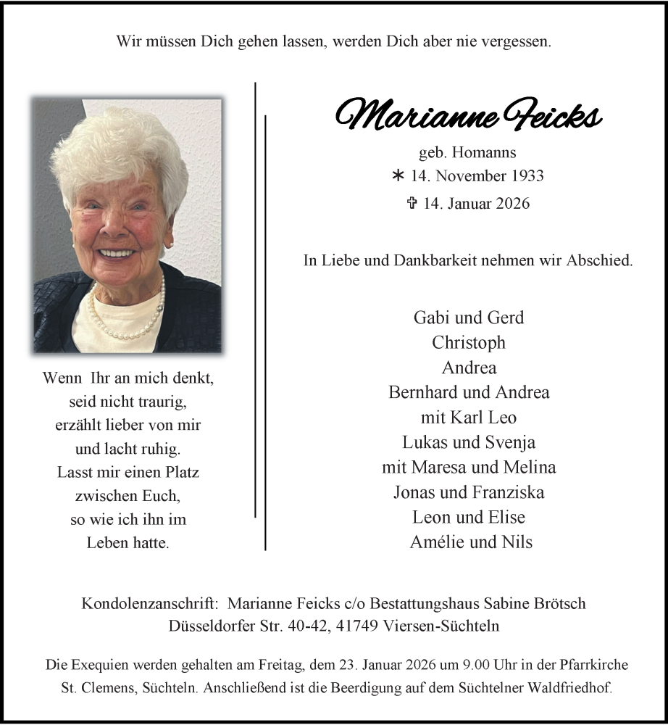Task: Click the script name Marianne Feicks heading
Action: pos(468,115)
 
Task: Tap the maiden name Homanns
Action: pos(490,153)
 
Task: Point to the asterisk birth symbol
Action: pos(397,175)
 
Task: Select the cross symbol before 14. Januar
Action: pos(412,204)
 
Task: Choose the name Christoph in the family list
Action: pos(469,342)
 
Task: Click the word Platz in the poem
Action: pos(180,472)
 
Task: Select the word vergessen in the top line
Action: pos(517,41)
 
